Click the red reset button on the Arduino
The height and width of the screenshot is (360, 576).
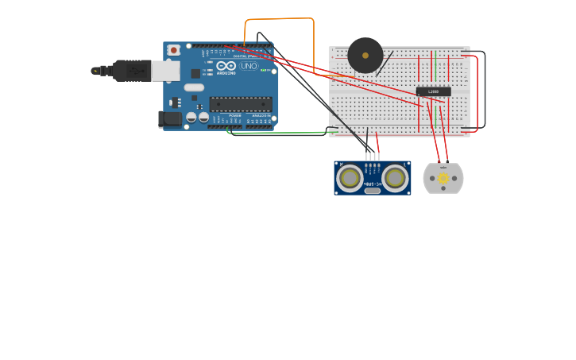pos(173,50)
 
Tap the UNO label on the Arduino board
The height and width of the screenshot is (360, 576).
pos(249,66)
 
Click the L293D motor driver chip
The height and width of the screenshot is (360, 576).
pos(433,91)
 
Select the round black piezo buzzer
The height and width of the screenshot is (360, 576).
pos(365,56)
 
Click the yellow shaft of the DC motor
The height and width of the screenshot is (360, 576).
pos(443,179)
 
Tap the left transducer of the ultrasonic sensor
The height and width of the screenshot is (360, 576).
pos(350,177)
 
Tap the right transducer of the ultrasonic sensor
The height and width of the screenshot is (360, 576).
pos(395,177)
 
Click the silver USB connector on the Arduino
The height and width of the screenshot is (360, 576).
pos(165,71)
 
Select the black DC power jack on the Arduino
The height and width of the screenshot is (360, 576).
pos(169,119)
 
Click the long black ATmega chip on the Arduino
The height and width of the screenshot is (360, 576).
pos(241,104)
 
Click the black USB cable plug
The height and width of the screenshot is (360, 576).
pos(131,71)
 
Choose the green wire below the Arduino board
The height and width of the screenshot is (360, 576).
pos(278,133)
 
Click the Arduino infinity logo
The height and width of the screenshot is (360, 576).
pos(226,66)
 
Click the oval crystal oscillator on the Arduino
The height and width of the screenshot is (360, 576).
pos(194,87)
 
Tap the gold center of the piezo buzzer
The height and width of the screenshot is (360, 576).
pos(365,55)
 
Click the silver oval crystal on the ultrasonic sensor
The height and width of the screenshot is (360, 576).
pos(372,191)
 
